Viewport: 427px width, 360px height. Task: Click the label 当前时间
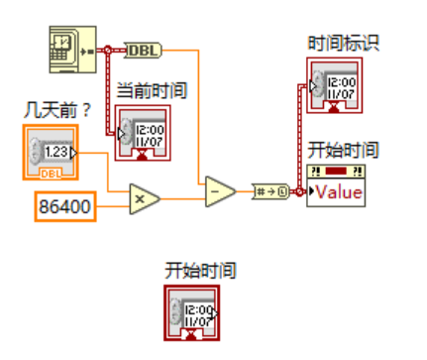(154, 91)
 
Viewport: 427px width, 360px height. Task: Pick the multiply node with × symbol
(144, 197)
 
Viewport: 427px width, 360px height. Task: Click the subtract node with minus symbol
(220, 190)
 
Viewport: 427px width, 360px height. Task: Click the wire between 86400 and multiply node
(112, 206)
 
